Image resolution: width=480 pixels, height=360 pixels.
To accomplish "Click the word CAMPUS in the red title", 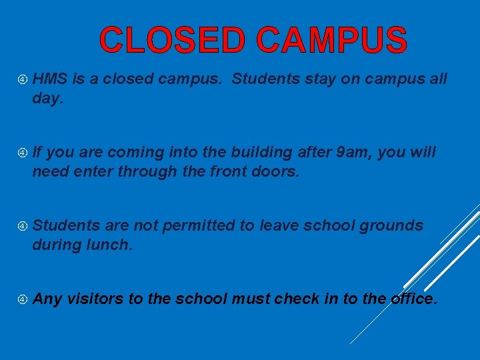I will point(331,40).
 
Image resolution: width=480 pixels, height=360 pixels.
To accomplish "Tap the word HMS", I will point(49,79).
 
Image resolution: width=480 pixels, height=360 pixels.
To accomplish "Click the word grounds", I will point(391,226).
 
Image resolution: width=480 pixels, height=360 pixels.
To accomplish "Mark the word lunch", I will point(110,245).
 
